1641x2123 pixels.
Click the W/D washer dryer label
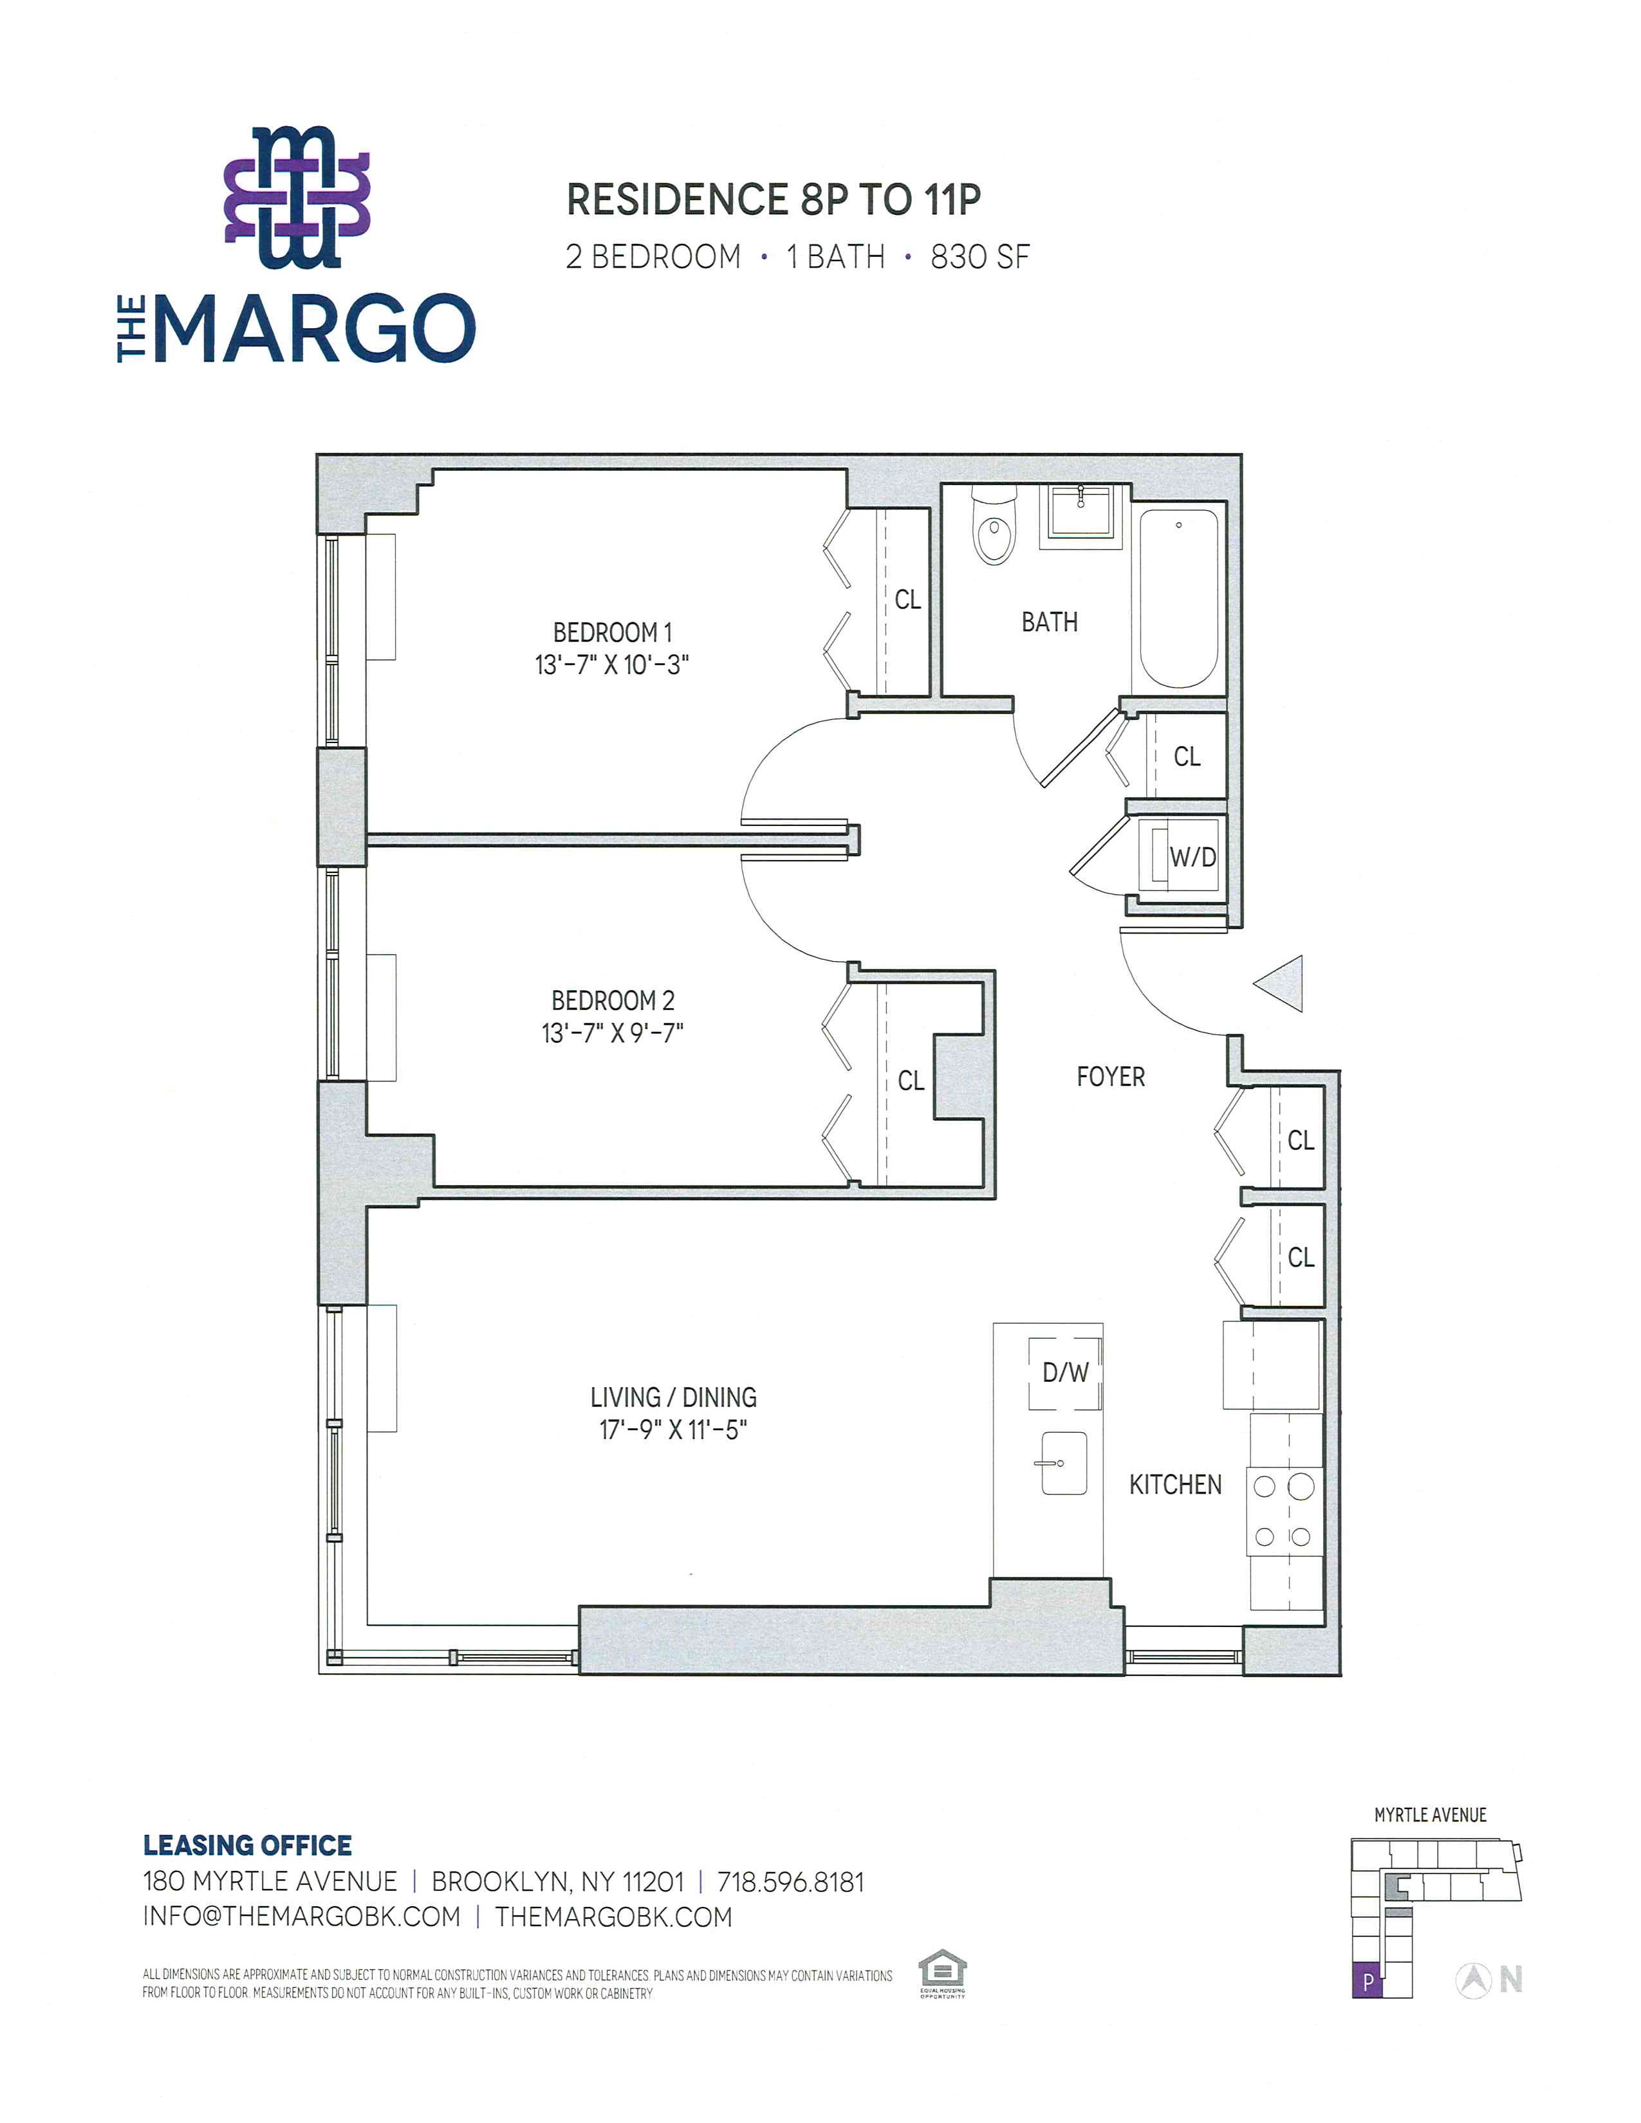point(1193,858)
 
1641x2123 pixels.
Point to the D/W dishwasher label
point(1066,1373)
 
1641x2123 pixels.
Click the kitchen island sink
point(1064,1463)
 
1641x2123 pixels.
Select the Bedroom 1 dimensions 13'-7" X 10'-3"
point(611,666)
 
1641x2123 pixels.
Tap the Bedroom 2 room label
point(613,1000)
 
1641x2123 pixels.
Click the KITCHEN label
point(1175,1484)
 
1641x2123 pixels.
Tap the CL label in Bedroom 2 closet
point(911,1081)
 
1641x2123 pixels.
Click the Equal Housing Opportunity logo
point(942,1973)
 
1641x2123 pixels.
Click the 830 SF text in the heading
point(980,257)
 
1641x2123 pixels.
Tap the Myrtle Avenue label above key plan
point(1430,1815)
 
